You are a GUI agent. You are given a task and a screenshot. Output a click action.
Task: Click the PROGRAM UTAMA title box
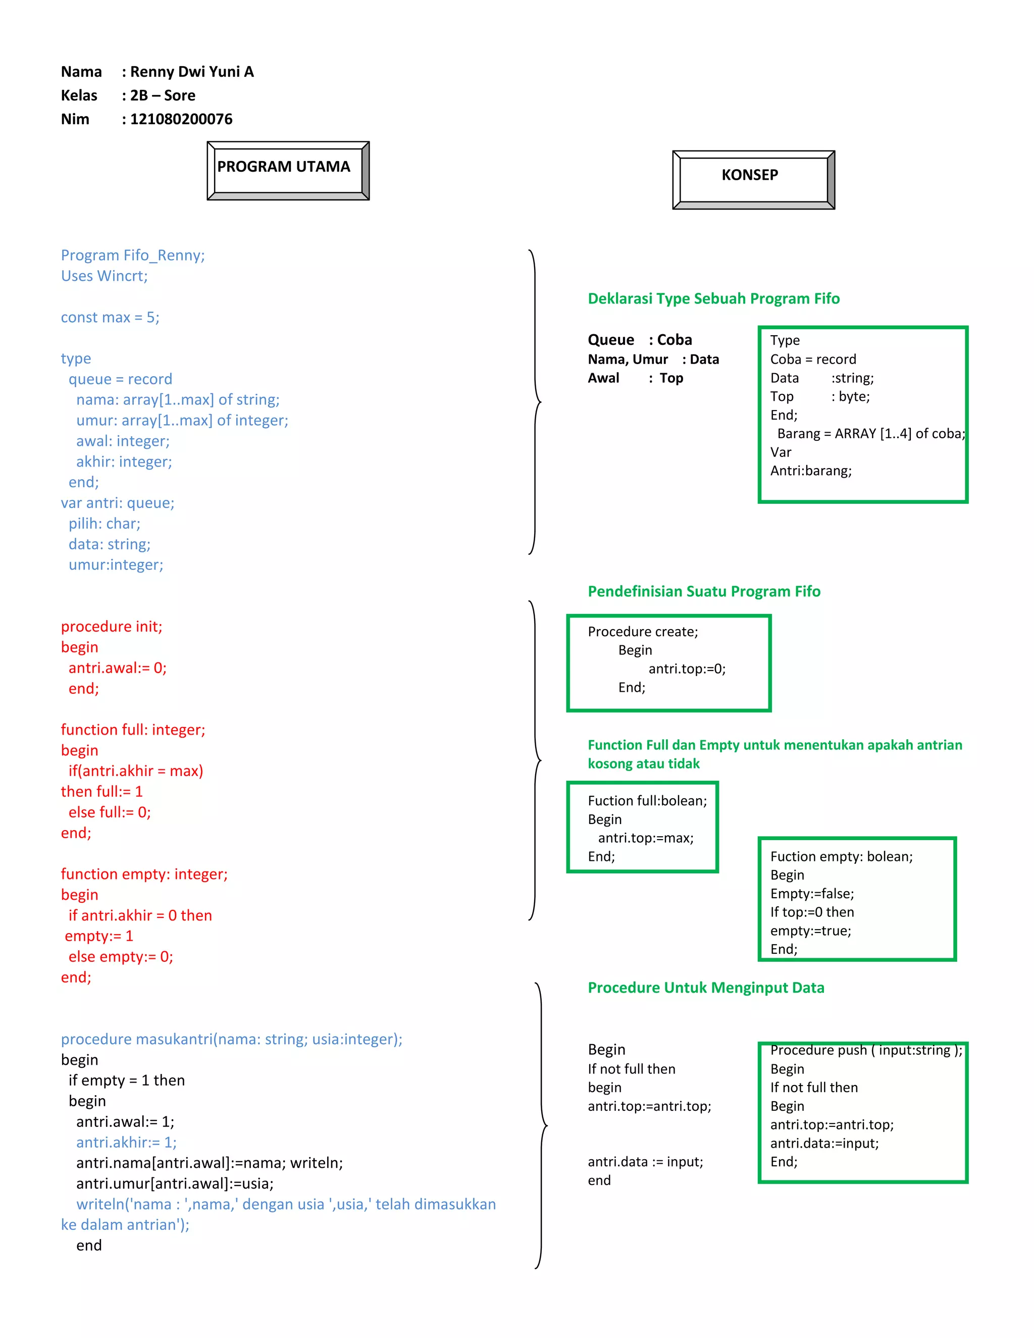[288, 170]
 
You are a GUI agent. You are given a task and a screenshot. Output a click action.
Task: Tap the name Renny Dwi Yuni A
[191, 72]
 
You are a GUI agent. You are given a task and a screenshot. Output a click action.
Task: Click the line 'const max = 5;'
[110, 318]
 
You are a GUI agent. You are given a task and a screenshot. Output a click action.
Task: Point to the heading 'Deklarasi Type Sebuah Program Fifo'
[713, 298]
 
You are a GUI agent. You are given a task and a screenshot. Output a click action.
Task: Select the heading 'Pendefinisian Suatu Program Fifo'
[704, 591]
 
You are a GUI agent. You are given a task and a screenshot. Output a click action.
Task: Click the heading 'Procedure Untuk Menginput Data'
[706, 988]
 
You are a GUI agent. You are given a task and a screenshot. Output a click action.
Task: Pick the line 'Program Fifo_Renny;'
[133, 255]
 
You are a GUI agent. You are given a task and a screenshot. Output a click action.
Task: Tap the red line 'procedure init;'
[112, 626]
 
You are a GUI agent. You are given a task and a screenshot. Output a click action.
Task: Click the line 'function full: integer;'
[133, 730]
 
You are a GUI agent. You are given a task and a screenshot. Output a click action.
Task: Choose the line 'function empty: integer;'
[144, 873]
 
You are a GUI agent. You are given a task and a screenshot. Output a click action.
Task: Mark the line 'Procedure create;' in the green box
[643, 632]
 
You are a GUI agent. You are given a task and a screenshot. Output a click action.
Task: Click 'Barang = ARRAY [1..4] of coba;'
[870, 434]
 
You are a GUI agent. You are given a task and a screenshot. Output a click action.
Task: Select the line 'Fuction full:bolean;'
[647, 801]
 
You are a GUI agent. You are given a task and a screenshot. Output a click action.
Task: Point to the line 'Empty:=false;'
[812, 893]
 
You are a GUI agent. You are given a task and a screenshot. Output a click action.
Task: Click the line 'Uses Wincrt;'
[104, 276]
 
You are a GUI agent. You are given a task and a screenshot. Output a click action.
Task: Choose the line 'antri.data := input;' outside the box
[645, 1162]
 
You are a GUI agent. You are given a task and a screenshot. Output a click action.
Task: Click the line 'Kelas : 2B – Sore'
[128, 95]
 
